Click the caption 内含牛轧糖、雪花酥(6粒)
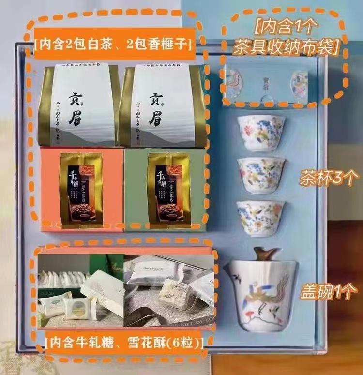pos(124,343)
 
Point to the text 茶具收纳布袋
pos(286,47)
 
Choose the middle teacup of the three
pos(261,174)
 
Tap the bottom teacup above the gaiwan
pos(260,218)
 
